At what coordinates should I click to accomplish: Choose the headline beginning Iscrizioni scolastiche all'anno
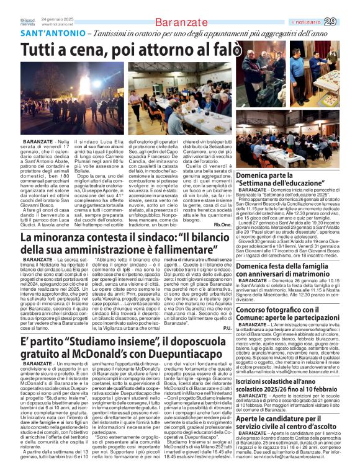(301, 386)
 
